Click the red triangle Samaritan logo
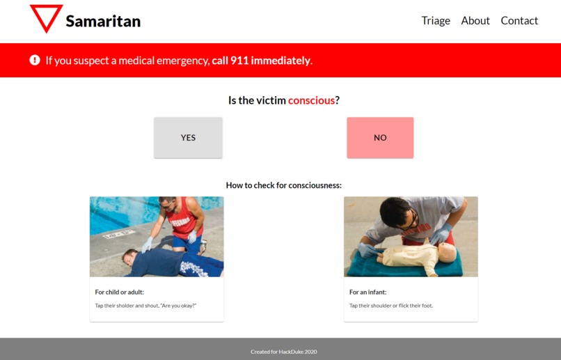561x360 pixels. click(46, 17)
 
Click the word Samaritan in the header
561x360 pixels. click(103, 21)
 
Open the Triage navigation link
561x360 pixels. click(436, 21)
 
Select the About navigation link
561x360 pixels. click(475, 21)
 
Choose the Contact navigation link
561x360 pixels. click(519, 21)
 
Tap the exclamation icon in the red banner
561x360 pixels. click(35, 61)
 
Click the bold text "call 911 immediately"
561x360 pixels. click(261, 61)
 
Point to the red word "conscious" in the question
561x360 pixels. click(311, 100)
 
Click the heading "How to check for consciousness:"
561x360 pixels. click(284, 185)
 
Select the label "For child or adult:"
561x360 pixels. click(120, 292)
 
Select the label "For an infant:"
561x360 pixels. click(368, 292)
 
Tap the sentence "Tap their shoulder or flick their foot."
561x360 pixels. click(391, 305)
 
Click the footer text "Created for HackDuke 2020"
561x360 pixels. click(284, 352)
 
